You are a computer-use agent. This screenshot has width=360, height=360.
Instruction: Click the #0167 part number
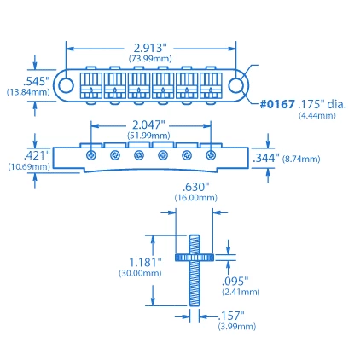277,104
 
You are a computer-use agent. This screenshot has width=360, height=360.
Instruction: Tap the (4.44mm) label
317,115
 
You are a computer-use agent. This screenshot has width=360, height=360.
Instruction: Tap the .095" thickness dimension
235,280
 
